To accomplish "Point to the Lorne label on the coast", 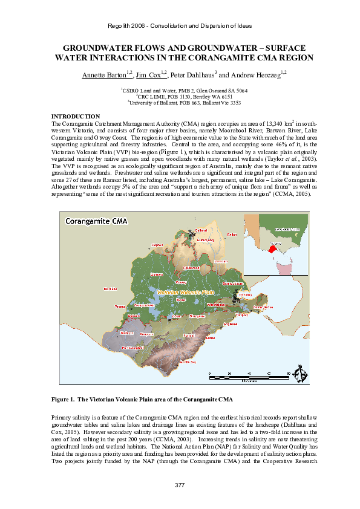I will [210, 339].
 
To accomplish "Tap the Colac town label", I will [177, 316].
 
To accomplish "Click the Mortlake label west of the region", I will [111, 288].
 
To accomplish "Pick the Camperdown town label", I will [145, 306].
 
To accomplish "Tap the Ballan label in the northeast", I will [231, 235].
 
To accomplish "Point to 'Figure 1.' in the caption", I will [64, 400].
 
